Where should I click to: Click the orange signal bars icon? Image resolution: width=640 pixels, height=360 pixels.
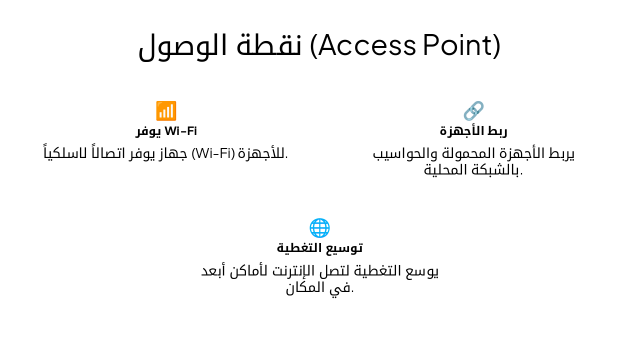tap(166, 111)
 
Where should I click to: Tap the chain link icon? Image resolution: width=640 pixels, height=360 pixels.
tap(473, 111)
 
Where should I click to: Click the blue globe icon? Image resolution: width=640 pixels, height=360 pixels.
tap(319, 228)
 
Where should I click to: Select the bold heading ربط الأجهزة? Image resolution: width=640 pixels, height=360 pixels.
tap(473, 131)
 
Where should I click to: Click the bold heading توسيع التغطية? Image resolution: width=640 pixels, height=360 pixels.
tap(319, 247)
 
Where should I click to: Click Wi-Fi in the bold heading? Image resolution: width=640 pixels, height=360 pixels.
tap(180, 131)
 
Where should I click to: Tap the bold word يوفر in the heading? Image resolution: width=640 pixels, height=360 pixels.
tap(148, 131)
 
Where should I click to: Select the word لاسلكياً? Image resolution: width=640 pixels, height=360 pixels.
tap(65, 153)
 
